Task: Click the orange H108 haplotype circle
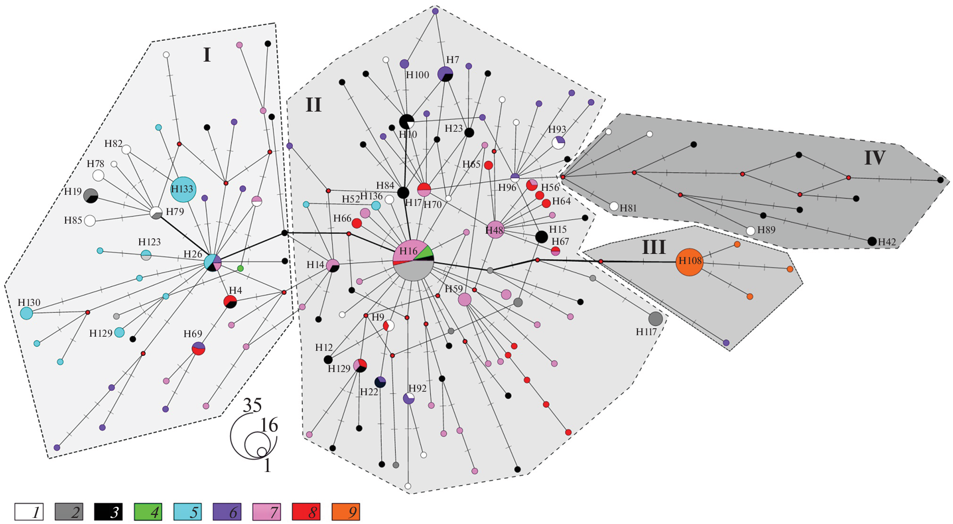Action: pyautogui.click(x=689, y=262)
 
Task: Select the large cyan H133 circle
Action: pyautogui.click(x=183, y=189)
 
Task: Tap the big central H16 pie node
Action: pyautogui.click(x=413, y=260)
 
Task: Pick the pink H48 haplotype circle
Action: pyautogui.click(x=495, y=230)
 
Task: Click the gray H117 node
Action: pyautogui.click(x=655, y=319)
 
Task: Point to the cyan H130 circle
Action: pyautogui.click(x=26, y=313)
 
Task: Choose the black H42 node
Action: pyautogui.click(x=872, y=241)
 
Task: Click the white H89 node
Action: pyautogui.click(x=750, y=231)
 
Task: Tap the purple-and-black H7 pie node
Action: pyautogui.click(x=445, y=74)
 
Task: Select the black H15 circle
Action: pyautogui.click(x=541, y=237)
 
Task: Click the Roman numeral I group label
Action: pyautogui.click(x=207, y=55)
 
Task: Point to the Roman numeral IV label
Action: pyautogui.click(x=874, y=158)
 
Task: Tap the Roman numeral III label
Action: pyautogui.click(x=653, y=247)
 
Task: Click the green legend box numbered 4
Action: pyautogui.click(x=148, y=512)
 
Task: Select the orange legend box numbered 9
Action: pyautogui.click(x=346, y=512)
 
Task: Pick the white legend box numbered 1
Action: pyautogui.click(x=29, y=512)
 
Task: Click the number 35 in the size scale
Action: pyautogui.click(x=253, y=405)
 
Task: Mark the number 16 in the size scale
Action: pyautogui.click(x=269, y=426)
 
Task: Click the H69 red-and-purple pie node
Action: pyautogui.click(x=199, y=348)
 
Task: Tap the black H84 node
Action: pyautogui.click(x=403, y=192)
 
